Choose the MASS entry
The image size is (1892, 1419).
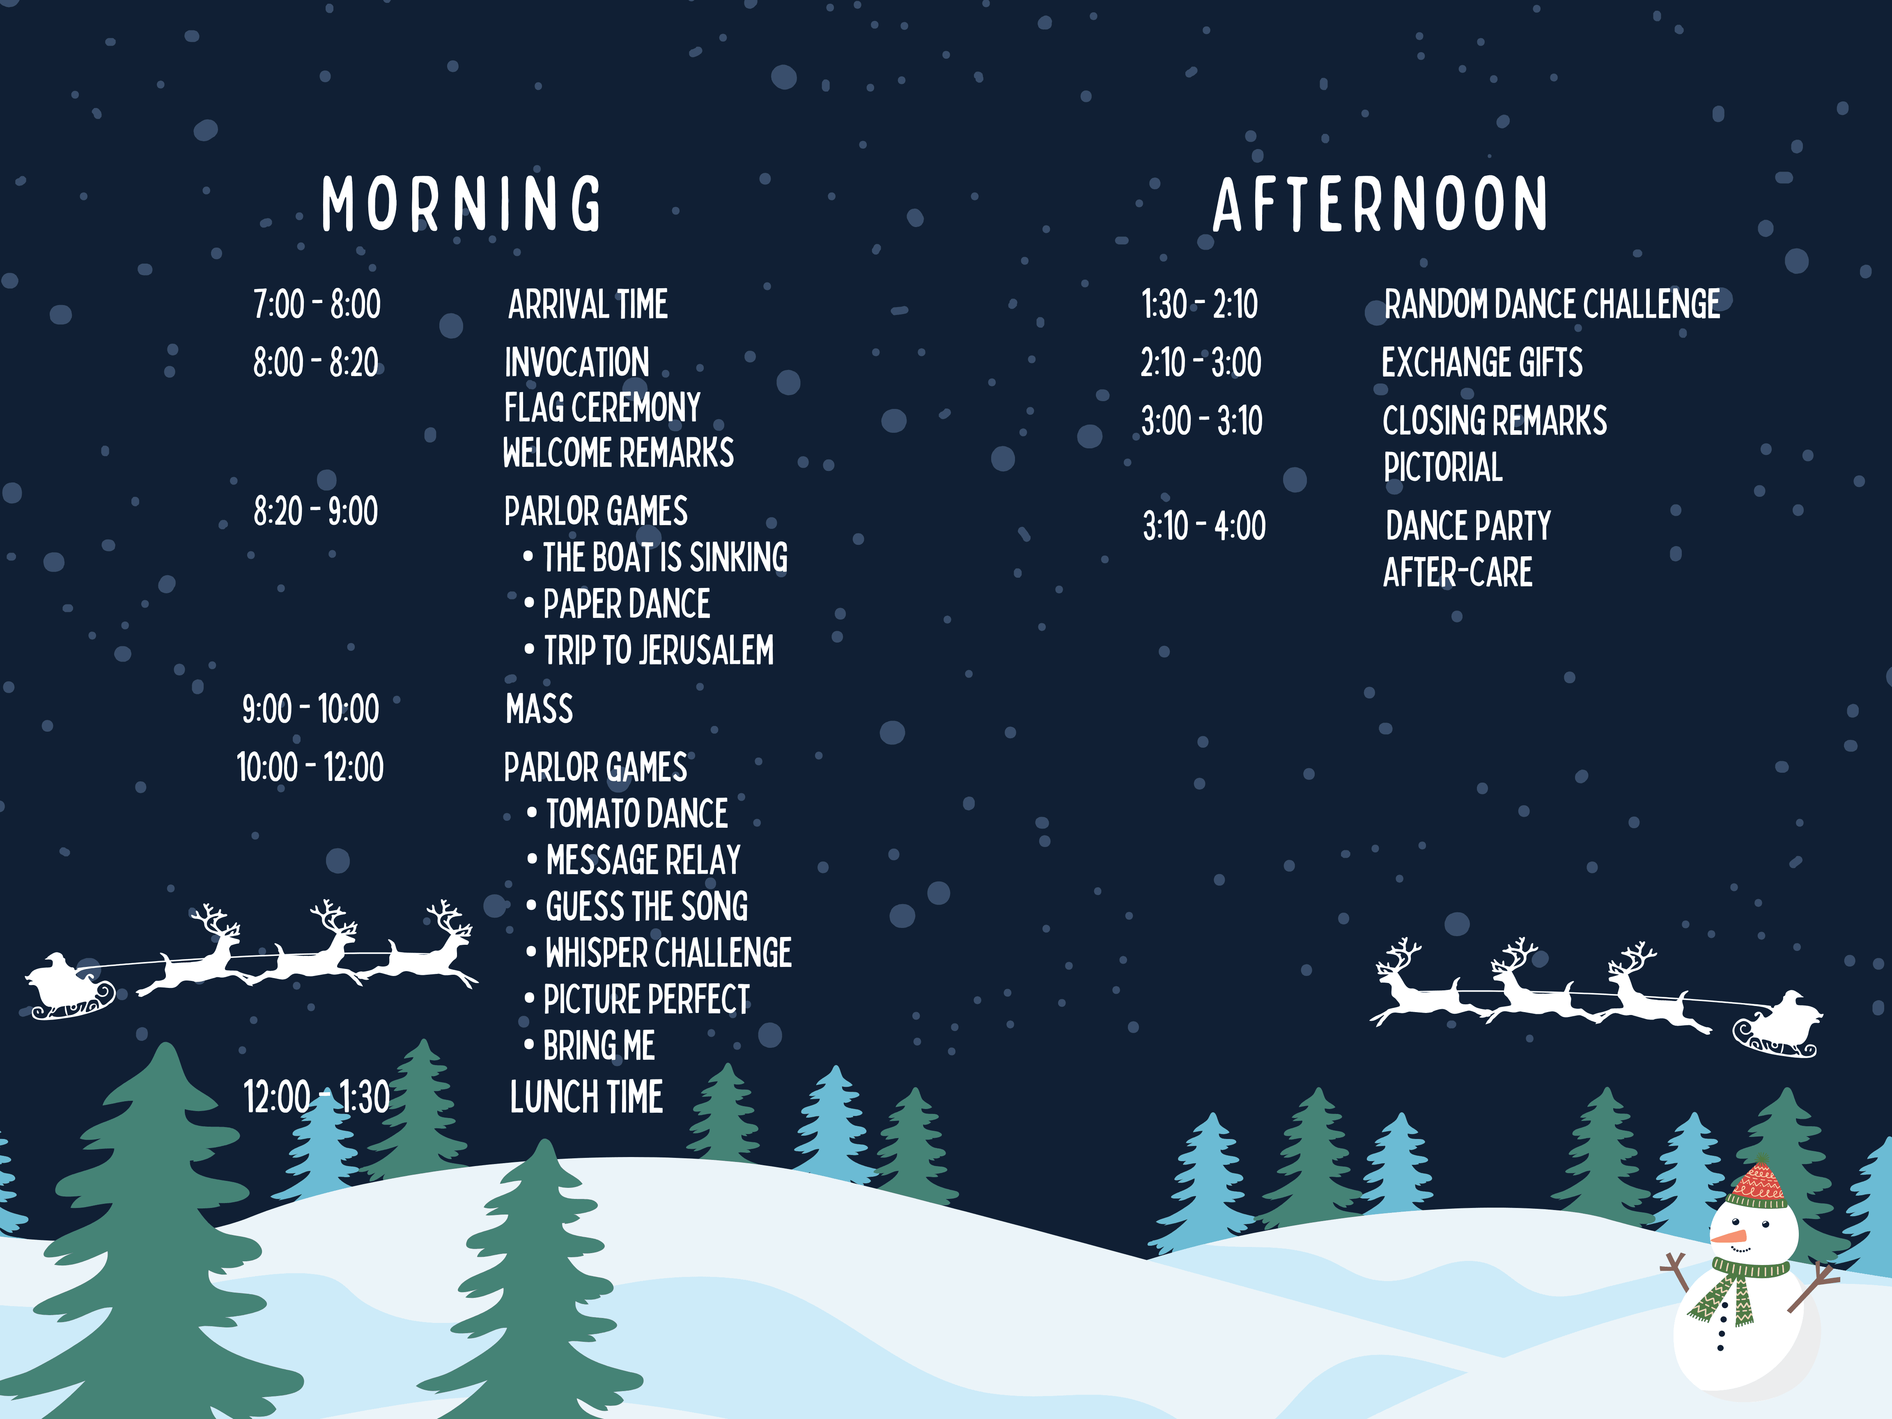539,709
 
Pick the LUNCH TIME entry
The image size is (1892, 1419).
586,1098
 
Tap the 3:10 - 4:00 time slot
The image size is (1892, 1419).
1204,526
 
